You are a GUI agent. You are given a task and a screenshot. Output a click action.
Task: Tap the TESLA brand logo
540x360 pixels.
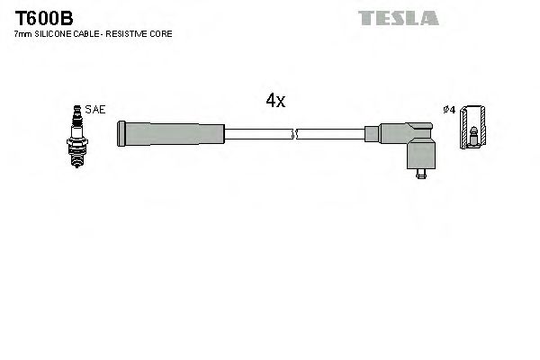click(398, 17)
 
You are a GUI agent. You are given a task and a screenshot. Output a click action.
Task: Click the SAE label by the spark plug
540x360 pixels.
click(94, 109)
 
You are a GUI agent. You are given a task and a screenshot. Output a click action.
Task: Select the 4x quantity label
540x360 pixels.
click(275, 102)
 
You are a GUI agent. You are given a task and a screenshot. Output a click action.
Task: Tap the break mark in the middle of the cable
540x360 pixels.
click(293, 134)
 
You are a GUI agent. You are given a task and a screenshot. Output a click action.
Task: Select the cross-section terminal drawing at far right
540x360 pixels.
click(473, 131)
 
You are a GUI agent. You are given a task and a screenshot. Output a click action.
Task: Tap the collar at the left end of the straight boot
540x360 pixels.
click(121, 134)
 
